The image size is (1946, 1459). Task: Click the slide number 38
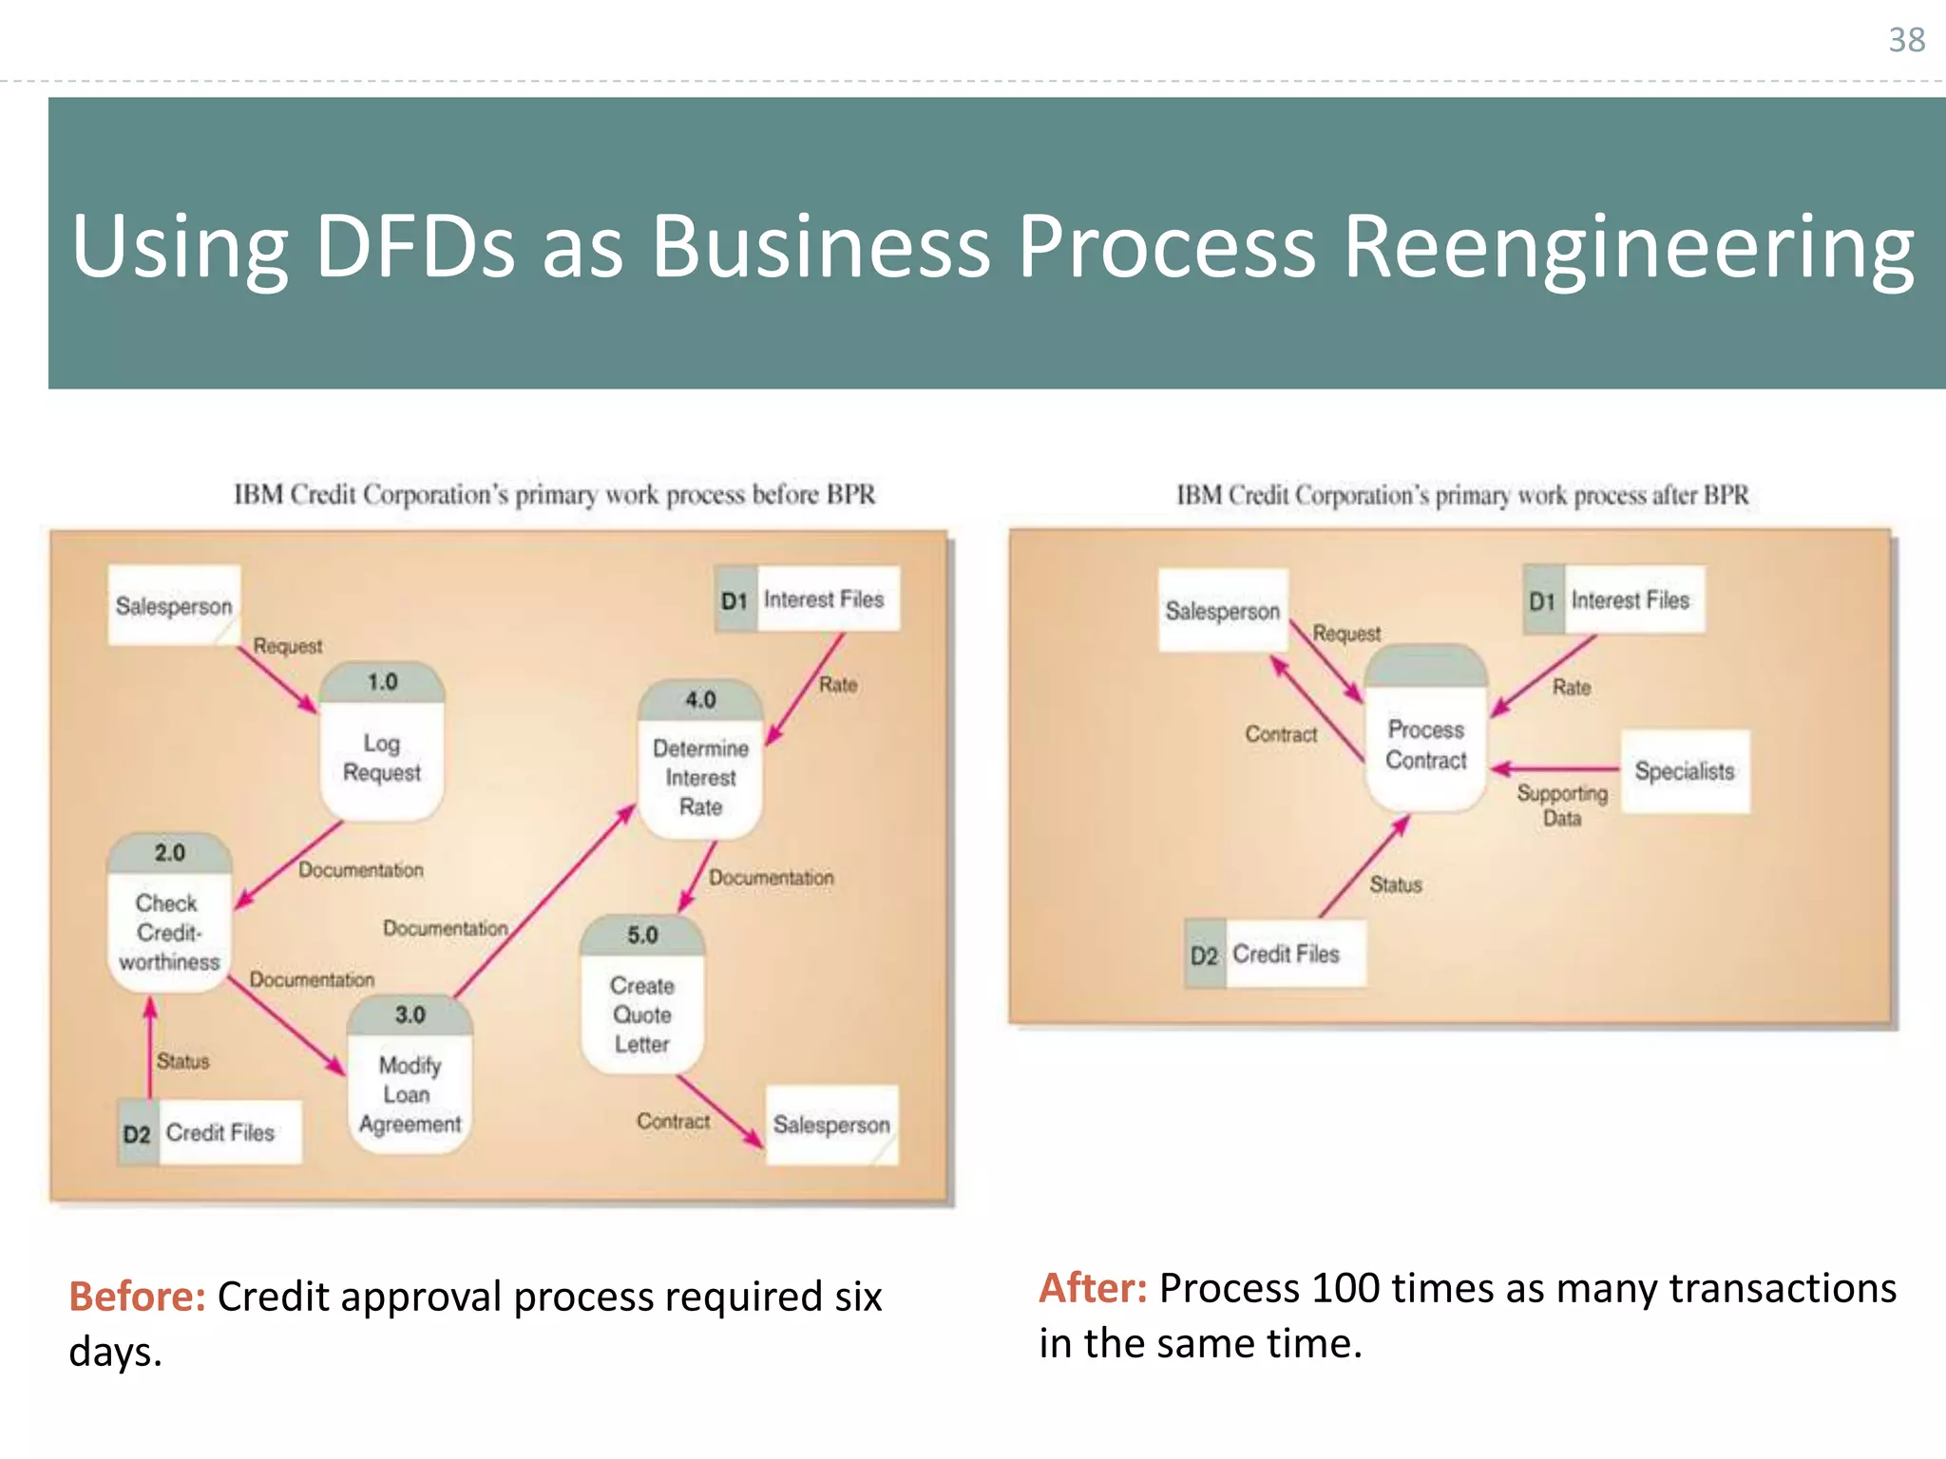click(x=1906, y=40)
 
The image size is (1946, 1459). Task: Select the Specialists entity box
click(x=1685, y=771)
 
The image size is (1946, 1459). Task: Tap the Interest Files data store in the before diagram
click(x=807, y=599)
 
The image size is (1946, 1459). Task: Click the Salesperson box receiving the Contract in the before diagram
click(x=831, y=1125)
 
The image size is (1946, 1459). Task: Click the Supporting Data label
click(x=1562, y=805)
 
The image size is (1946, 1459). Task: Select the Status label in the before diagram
click(x=182, y=1061)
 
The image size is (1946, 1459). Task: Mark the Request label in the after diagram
click(x=1346, y=633)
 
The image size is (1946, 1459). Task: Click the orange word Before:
click(x=137, y=1297)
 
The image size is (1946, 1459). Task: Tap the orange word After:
click(x=1093, y=1288)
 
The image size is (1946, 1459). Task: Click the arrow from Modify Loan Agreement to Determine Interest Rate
click(x=544, y=902)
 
